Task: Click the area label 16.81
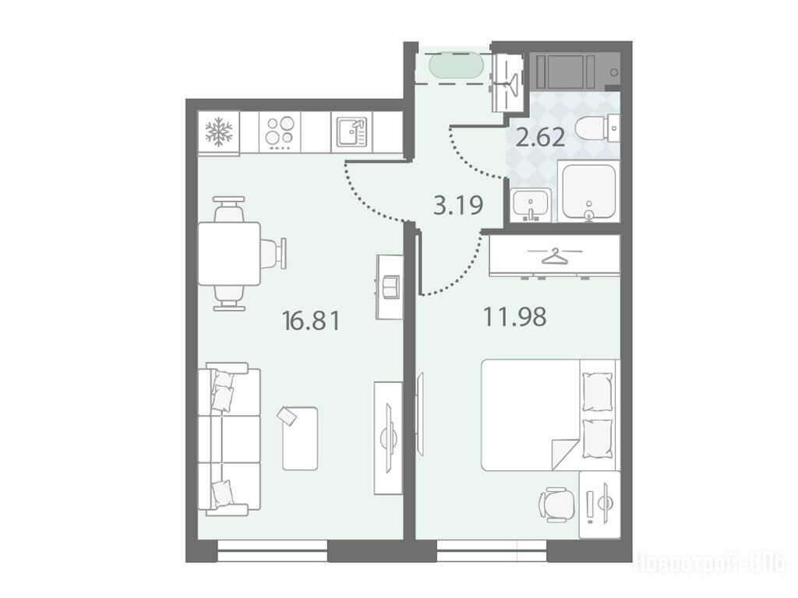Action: pyautogui.click(x=311, y=321)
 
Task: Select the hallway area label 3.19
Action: pyautogui.click(x=458, y=206)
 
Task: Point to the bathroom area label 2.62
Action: pyautogui.click(x=540, y=137)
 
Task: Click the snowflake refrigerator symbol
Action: pyautogui.click(x=218, y=131)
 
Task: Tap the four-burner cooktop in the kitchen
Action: pyautogui.click(x=280, y=132)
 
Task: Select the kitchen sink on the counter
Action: pyautogui.click(x=351, y=132)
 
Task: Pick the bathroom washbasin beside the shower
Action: pyautogui.click(x=531, y=205)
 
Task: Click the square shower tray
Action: pyautogui.click(x=589, y=192)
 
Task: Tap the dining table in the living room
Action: pyautogui.click(x=229, y=253)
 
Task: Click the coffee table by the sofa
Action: pyautogui.click(x=300, y=438)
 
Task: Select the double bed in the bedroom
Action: pyautogui.click(x=549, y=415)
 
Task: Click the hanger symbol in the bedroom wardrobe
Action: pyautogui.click(x=554, y=257)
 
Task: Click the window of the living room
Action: pyautogui.click(x=272, y=551)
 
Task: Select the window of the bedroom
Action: pyautogui.click(x=492, y=551)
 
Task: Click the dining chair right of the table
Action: pyautogui.click(x=274, y=253)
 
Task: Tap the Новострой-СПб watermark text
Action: pyautogui.click(x=709, y=564)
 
